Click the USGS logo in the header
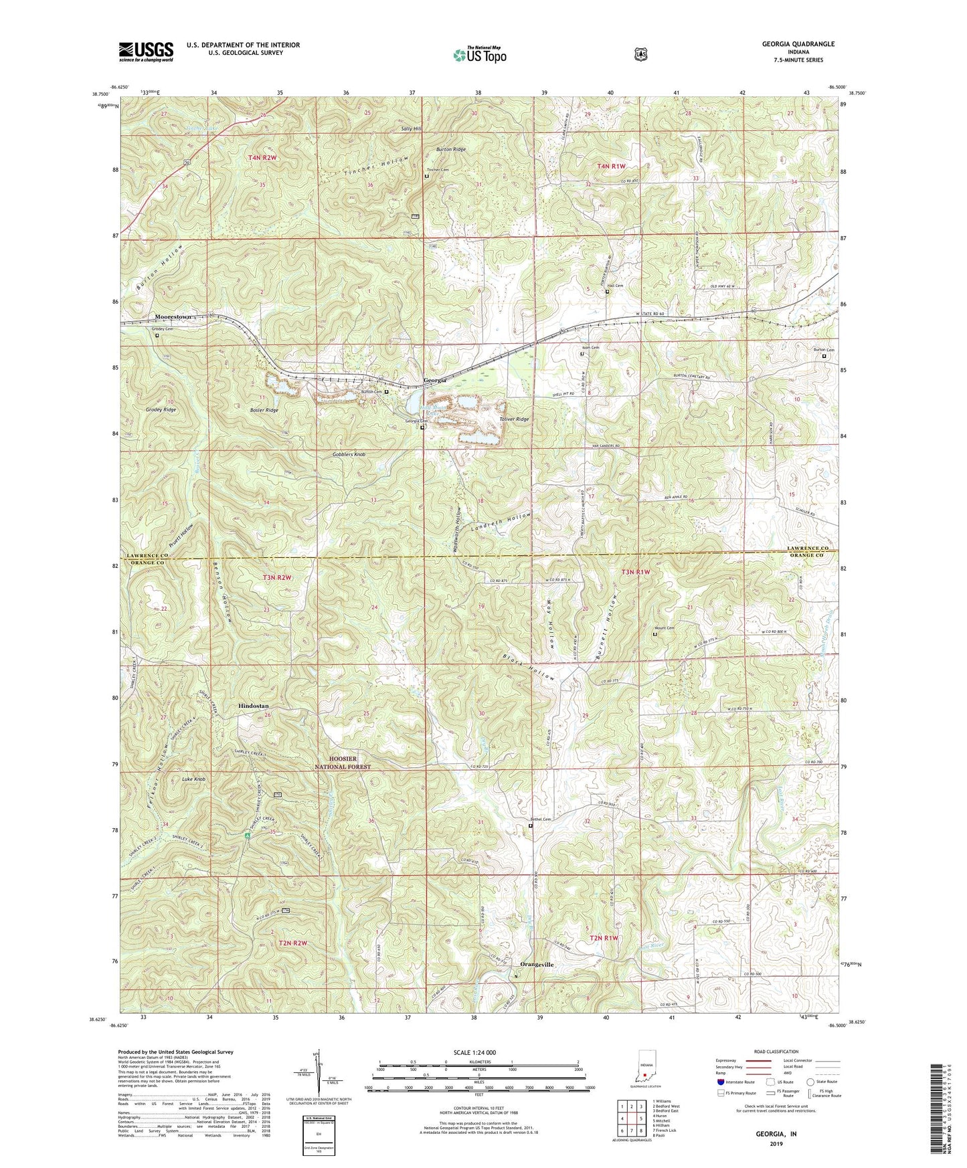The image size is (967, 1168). click(146, 52)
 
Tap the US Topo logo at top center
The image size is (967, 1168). click(479, 55)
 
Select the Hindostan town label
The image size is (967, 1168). click(254, 706)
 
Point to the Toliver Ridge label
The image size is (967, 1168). click(514, 419)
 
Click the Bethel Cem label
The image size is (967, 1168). click(541, 819)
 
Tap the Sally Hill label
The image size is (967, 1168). click(411, 128)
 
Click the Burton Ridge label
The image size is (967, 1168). click(450, 149)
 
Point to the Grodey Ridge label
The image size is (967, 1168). click(161, 409)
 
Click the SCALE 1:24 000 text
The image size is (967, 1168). click(474, 1052)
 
